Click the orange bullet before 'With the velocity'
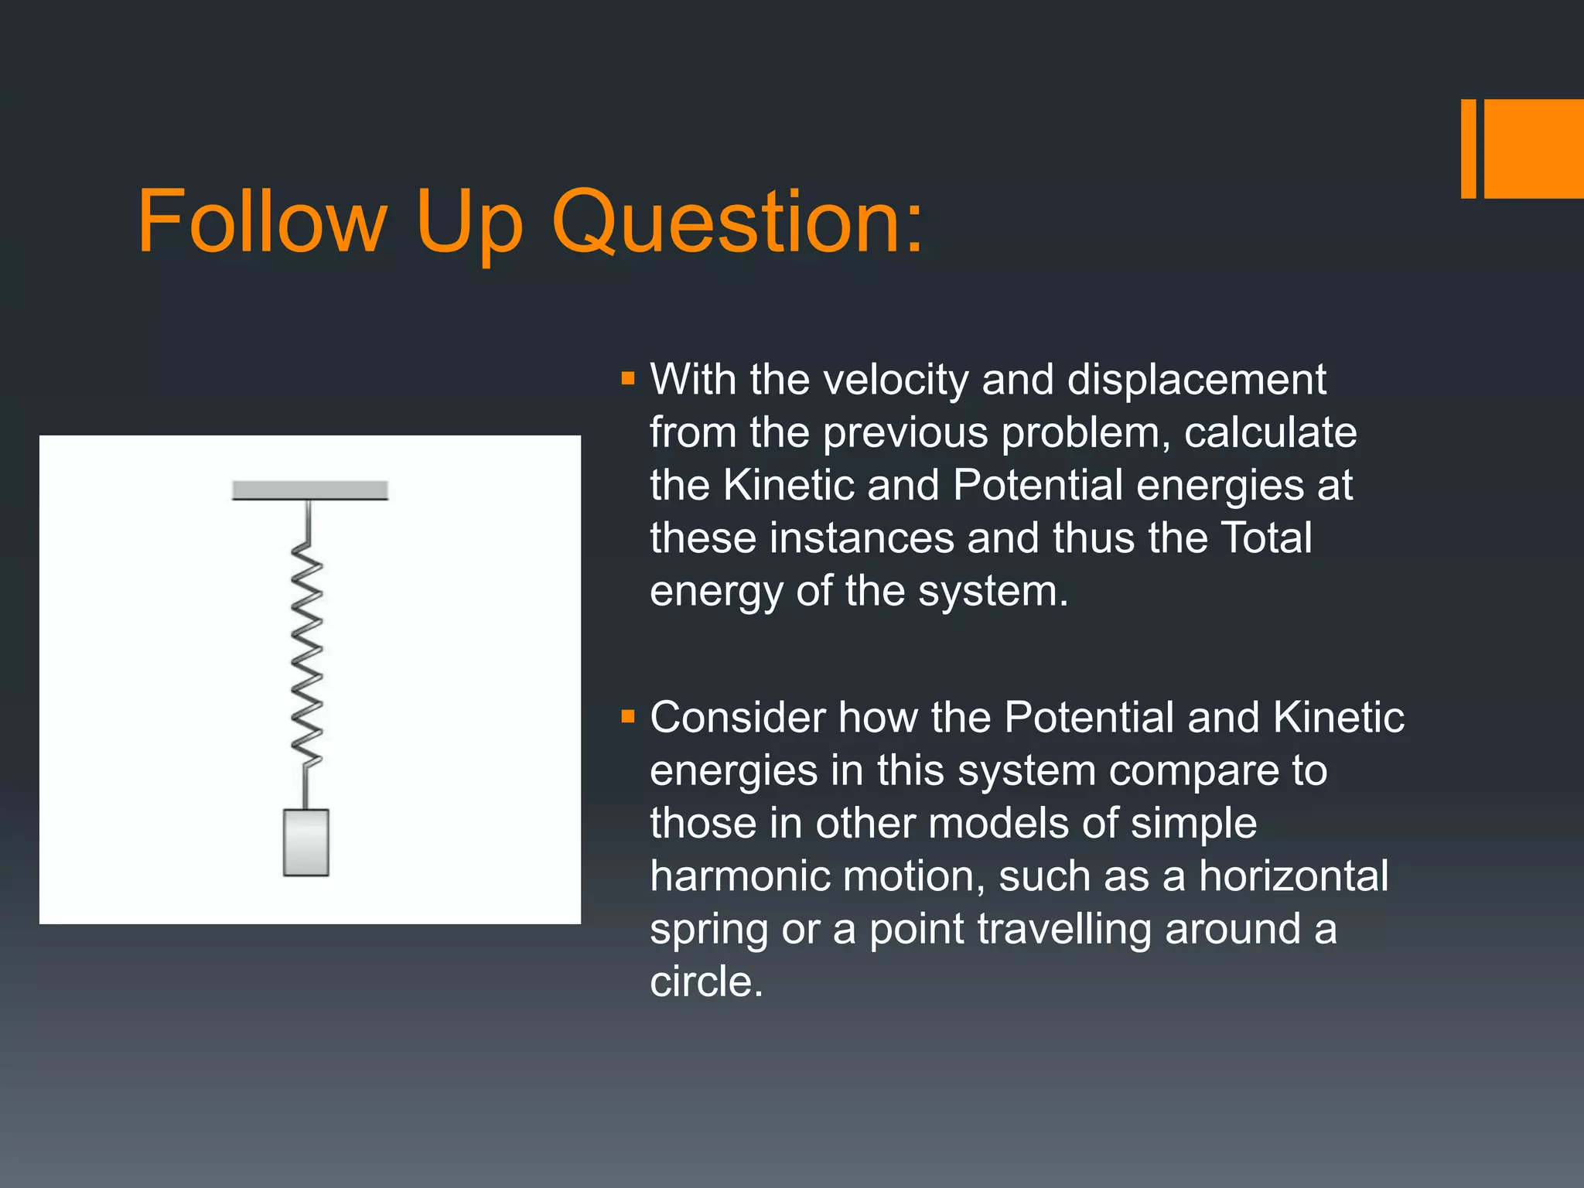627,379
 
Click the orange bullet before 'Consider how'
627,717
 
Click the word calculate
1270,433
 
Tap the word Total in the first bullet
1265,538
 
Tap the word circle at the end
706,982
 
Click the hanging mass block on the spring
306,842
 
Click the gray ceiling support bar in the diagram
309,490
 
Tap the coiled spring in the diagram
307,654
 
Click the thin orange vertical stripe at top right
1468,148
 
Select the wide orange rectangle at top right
1534,148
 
